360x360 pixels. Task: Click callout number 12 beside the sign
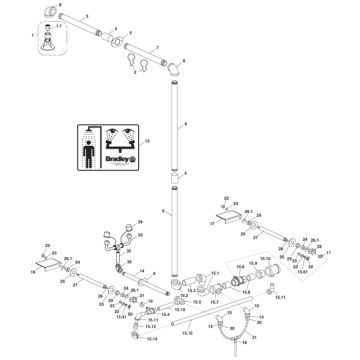click(x=177, y=142)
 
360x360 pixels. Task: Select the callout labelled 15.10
click(x=266, y=258)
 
